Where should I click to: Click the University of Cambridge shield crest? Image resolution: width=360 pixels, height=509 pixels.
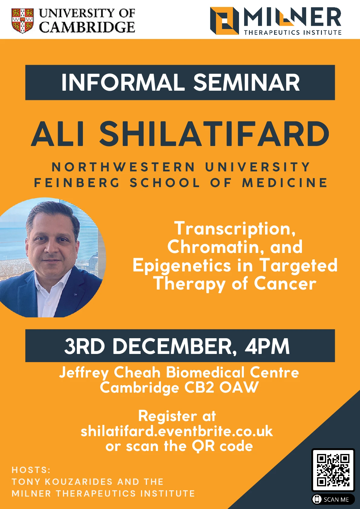22,21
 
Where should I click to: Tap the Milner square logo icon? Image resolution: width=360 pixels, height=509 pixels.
224,21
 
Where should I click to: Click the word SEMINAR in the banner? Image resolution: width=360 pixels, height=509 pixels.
247,83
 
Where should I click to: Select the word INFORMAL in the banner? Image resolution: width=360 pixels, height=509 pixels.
123,83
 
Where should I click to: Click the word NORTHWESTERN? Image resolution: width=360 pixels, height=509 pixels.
123,167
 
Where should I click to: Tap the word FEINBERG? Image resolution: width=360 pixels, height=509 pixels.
77,183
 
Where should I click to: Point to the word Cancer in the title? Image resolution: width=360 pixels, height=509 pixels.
285,284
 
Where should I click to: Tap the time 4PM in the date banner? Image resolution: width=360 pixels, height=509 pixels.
267,346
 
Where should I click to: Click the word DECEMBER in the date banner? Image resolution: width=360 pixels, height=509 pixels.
175,347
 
